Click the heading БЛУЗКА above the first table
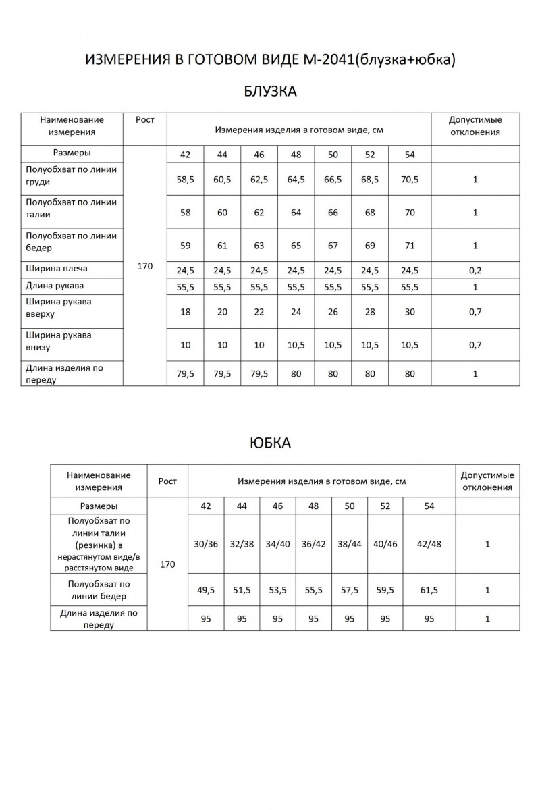pos(269,92)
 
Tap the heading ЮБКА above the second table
pos(270,443)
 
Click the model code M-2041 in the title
pos(325,59)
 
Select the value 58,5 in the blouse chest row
pos(185,180)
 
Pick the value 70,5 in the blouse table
pos(410,180)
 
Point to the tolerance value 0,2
pos(475,271)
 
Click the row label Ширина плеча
pos(57,269)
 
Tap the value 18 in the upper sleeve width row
pos(185,313)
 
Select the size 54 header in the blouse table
pos(410,155)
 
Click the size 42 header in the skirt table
pos(206,506)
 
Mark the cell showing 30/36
pos(206,544)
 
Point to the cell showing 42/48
pos(429,544)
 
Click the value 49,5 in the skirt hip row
pos(206,590)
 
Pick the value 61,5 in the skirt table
pos(429,590)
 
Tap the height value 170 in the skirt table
pos(167,564)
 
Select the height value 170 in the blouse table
pos(144,266)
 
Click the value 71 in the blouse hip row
pos(410,246)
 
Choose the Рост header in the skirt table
pos(167,481)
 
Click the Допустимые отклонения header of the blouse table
pos(475,126)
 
